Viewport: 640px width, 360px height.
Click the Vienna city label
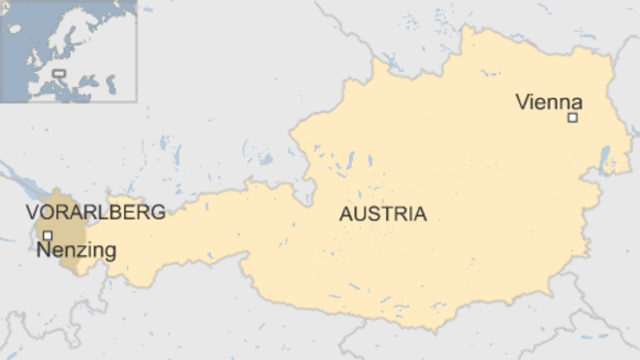(x=548, y=101)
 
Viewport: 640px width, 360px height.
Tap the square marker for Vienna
(x=572, y=117)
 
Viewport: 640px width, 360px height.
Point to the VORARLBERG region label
(x=95, y=213)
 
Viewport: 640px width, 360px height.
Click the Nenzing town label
(x=77, y=250)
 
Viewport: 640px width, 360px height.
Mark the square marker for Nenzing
(x=47, y=235)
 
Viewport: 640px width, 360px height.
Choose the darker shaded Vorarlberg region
(x=60, y=228)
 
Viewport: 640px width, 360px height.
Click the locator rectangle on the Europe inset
(x=59, y=73)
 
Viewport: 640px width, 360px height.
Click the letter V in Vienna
(x=523, y=101)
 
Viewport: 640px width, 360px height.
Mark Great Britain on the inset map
(x=32, y=57)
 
